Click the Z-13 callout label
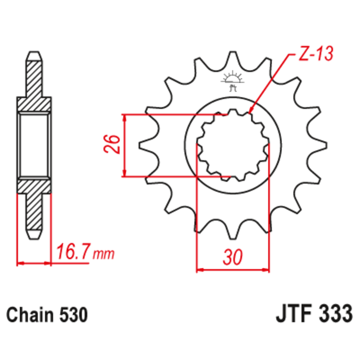pyautogui.click(x=315, y=55)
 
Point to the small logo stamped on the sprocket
pyautogui.click(x=233, y=79)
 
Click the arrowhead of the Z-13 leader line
pyautogui.click(x=250, y=110)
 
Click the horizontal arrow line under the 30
pyautogui.click(x=233, y=270)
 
